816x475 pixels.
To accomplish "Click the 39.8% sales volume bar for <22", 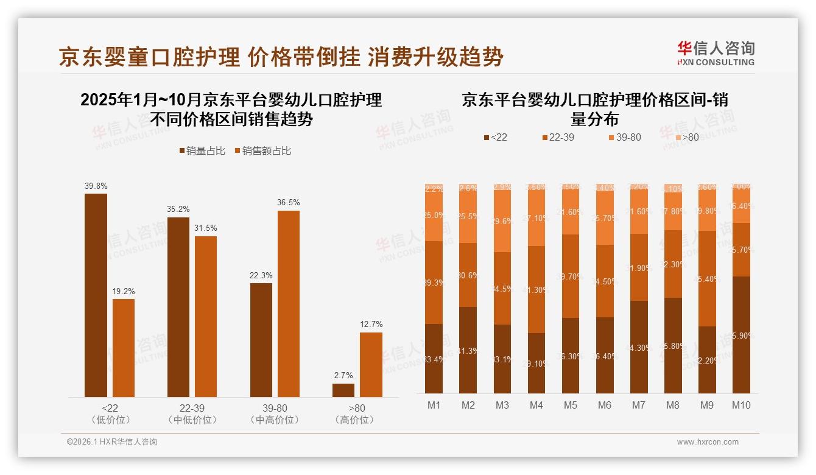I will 96,295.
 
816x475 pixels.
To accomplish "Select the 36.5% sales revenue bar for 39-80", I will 288,304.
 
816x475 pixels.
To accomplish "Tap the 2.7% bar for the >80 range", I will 343,390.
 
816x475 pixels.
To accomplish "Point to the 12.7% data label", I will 371,325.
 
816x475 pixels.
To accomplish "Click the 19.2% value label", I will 124,291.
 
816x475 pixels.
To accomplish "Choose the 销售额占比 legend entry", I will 262,151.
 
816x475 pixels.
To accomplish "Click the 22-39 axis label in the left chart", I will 192,408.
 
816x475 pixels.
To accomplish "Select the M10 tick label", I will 740,405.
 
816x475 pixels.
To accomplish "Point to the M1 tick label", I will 434,405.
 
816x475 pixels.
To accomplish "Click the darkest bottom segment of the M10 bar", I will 740,335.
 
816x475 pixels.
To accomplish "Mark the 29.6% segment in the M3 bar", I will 502,222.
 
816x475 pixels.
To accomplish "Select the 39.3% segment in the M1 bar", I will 434,282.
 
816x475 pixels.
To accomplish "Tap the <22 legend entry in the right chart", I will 496,138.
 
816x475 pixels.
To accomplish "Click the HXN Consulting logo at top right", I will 716,54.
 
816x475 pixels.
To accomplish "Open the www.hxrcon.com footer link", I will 708,442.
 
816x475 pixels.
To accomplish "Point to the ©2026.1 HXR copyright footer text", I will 112,442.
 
